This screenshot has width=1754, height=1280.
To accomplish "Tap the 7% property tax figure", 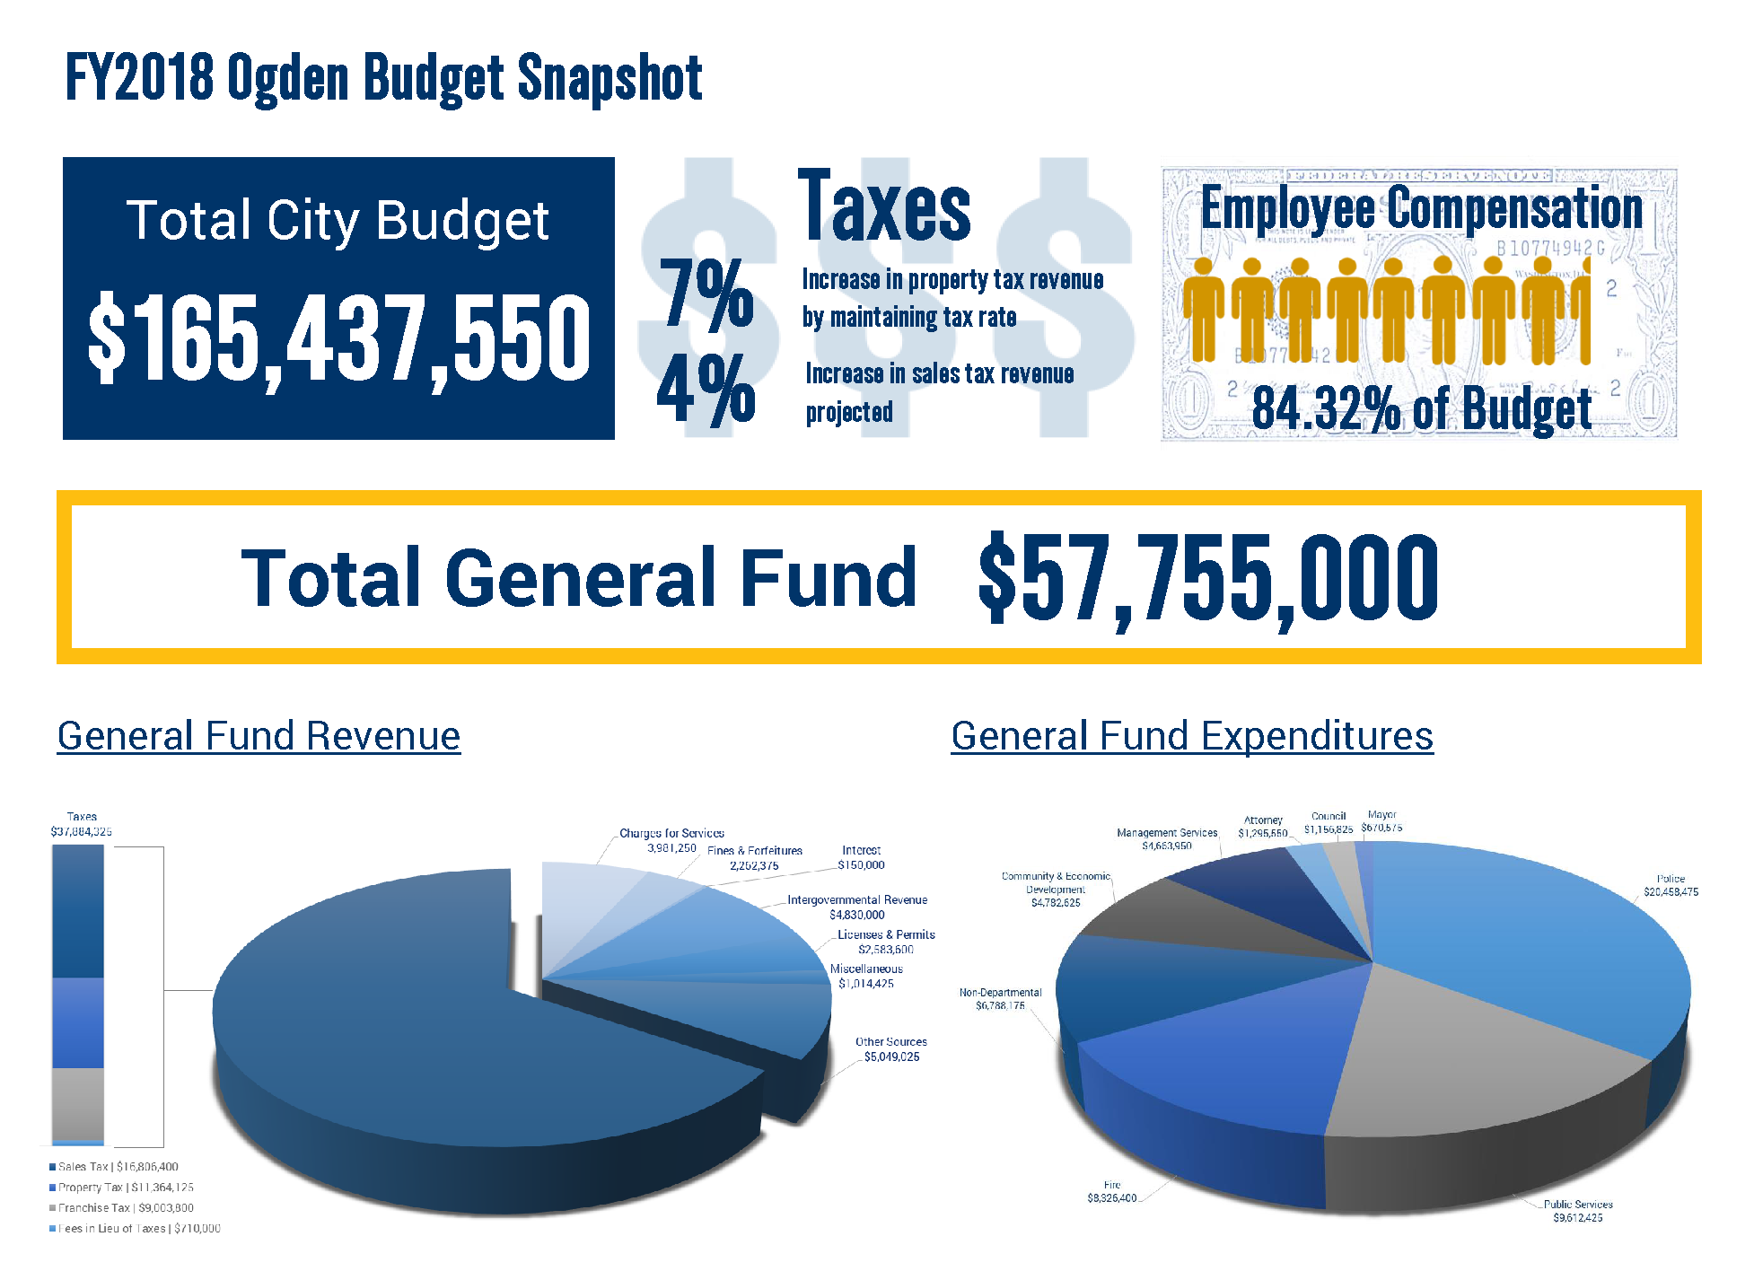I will pyautogui.click(x=706, y=293).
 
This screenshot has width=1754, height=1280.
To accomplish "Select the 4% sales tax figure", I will pyautogui.click(x=706, y=390).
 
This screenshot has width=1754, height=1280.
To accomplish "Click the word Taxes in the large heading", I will pyautogui.click(x=883, y=207).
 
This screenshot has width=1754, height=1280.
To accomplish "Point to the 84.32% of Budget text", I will pyautogui.click(x=1421, y=409).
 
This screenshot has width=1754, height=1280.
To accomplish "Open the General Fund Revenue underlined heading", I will pyautogui.click(x=259, y=736).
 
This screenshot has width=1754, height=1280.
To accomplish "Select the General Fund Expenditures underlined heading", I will pyautogui.click(x=1191, y=736).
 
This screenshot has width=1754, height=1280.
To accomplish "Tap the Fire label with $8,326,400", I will pyautogui.click(x=1111, y=1191).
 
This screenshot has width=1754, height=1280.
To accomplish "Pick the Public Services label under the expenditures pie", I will pyautogui.click(x=1577, y=1211).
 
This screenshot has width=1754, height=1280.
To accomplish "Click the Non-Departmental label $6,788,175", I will pyautogui.click(x=1000, y=999).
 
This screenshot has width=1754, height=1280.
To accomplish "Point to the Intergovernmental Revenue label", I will pyautogui.click(x=857, y=907).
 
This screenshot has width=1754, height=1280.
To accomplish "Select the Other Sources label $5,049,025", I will pyautogui.click(x=890, y=1049).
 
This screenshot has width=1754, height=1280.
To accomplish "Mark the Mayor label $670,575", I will pyautogui.click(x=1381, y=821).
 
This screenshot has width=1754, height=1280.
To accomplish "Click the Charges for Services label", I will pyautogui.click(x=671, y=840).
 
